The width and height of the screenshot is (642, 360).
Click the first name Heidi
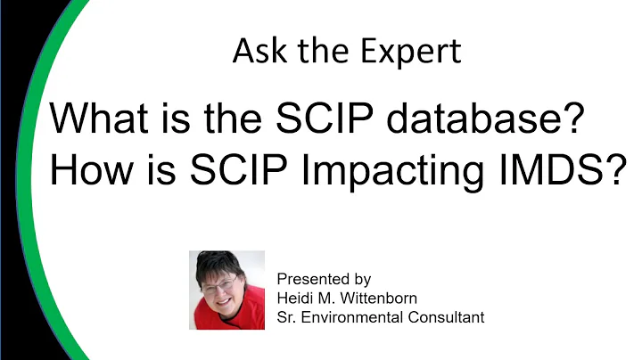tap(296, 298)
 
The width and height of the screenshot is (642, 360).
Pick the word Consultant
tap(448, 317)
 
